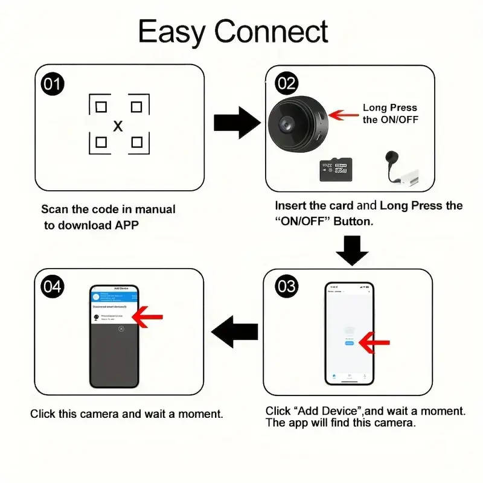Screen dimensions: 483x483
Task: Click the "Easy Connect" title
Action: click(233, 31)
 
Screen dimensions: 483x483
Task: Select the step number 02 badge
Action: click(286, 83)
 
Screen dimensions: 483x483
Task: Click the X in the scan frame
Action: click(118, 126)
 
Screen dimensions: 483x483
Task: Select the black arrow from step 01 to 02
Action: click(236, 123)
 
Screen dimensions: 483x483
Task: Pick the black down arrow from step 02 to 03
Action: click(352, 250)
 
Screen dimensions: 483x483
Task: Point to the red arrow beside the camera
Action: click(342, 114)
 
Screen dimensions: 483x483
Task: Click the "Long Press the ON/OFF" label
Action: click(390, 114)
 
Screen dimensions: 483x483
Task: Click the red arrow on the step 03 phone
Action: click(373, 343)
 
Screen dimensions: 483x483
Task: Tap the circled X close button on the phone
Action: click(121, 328)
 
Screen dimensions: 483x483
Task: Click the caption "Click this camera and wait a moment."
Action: click(127, 414)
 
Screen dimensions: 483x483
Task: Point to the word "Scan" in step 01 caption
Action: click(54, 210)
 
